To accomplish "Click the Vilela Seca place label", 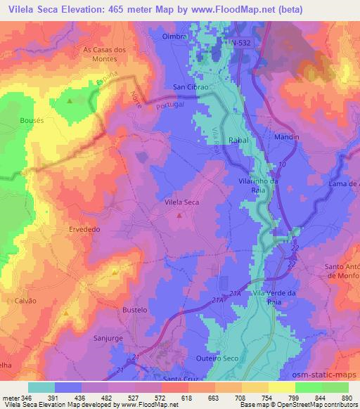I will pyautogui.click(x=181, y=202).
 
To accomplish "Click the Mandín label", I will pyautogui.click(x=287, y=137).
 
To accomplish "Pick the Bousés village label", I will pyautogui.click(x=32, y=120).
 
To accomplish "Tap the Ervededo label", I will pyautogui.click(x=86, y=229).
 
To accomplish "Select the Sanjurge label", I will pyautogui.click(x=108, y=338).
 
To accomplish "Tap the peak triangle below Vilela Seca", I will pyautogui.click(x=179, y=216).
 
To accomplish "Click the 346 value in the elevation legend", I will pyautogui.click(x=27, y=398).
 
